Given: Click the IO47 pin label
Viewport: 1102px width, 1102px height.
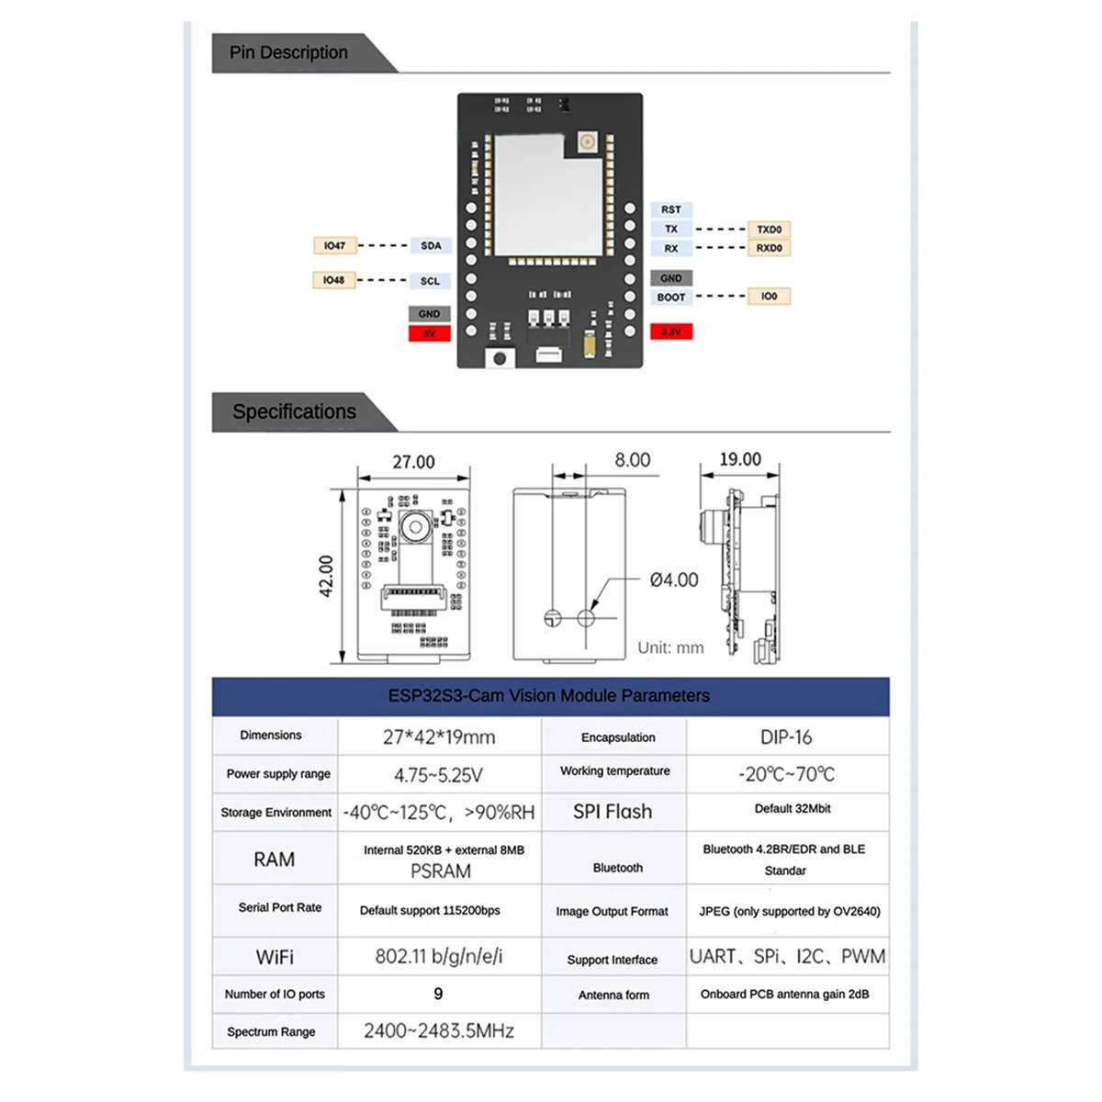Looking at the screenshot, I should point(334,245).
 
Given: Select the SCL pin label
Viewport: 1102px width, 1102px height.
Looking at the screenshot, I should point(430,281).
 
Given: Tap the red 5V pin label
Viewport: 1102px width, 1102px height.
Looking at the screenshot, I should point(429,333).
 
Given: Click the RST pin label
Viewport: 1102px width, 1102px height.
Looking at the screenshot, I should point(671,209).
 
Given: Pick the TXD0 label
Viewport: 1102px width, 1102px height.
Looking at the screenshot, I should point(769,230).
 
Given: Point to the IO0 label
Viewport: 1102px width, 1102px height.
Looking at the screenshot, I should point(769,296).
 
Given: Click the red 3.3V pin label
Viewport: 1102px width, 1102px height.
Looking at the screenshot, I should point(671,332).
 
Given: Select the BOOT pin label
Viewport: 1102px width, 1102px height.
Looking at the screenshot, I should point(671,298).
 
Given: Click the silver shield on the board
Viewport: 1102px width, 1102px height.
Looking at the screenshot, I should point(548,196).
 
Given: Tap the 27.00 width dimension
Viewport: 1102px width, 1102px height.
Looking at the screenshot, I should point(413,462).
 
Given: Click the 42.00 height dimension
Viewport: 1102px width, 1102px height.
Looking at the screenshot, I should point(326,576).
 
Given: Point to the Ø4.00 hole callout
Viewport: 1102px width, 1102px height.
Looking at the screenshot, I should point(674,579).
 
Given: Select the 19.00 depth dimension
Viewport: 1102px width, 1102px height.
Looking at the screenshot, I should point(740,459).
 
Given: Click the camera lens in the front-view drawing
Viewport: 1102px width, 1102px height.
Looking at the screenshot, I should point(416,527).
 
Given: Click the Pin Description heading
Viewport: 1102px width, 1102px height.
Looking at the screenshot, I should point(288,52).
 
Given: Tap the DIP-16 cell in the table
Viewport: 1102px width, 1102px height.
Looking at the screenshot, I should point(786,737).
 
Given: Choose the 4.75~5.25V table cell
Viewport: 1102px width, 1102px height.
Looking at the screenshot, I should point(438,775).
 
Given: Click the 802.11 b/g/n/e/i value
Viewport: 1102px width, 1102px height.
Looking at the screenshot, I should point(438,956).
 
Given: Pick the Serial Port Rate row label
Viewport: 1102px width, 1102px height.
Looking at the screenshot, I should point(280,907).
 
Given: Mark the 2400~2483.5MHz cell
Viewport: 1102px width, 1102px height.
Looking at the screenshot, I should point(438,1030).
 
